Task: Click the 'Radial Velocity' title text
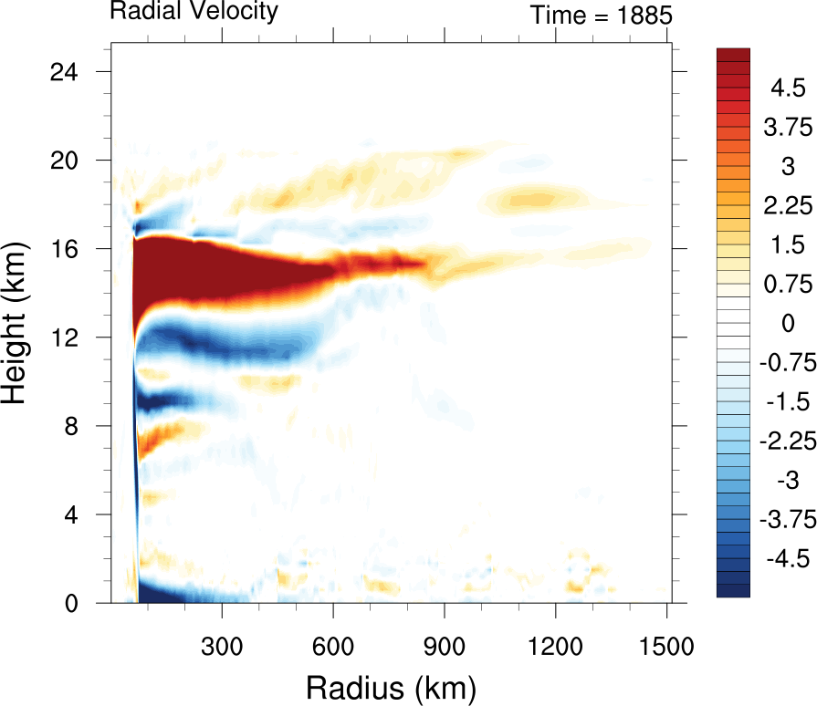pos(194,12)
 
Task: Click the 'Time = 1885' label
pos(602,16)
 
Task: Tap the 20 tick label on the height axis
pos(73,160)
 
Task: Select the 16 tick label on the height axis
pos(73,248)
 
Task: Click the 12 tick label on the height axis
pos(73,337)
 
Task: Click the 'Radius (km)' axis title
pos(391,685)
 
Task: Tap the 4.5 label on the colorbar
pos(786,88)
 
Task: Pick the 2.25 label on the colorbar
pos(786,206)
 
